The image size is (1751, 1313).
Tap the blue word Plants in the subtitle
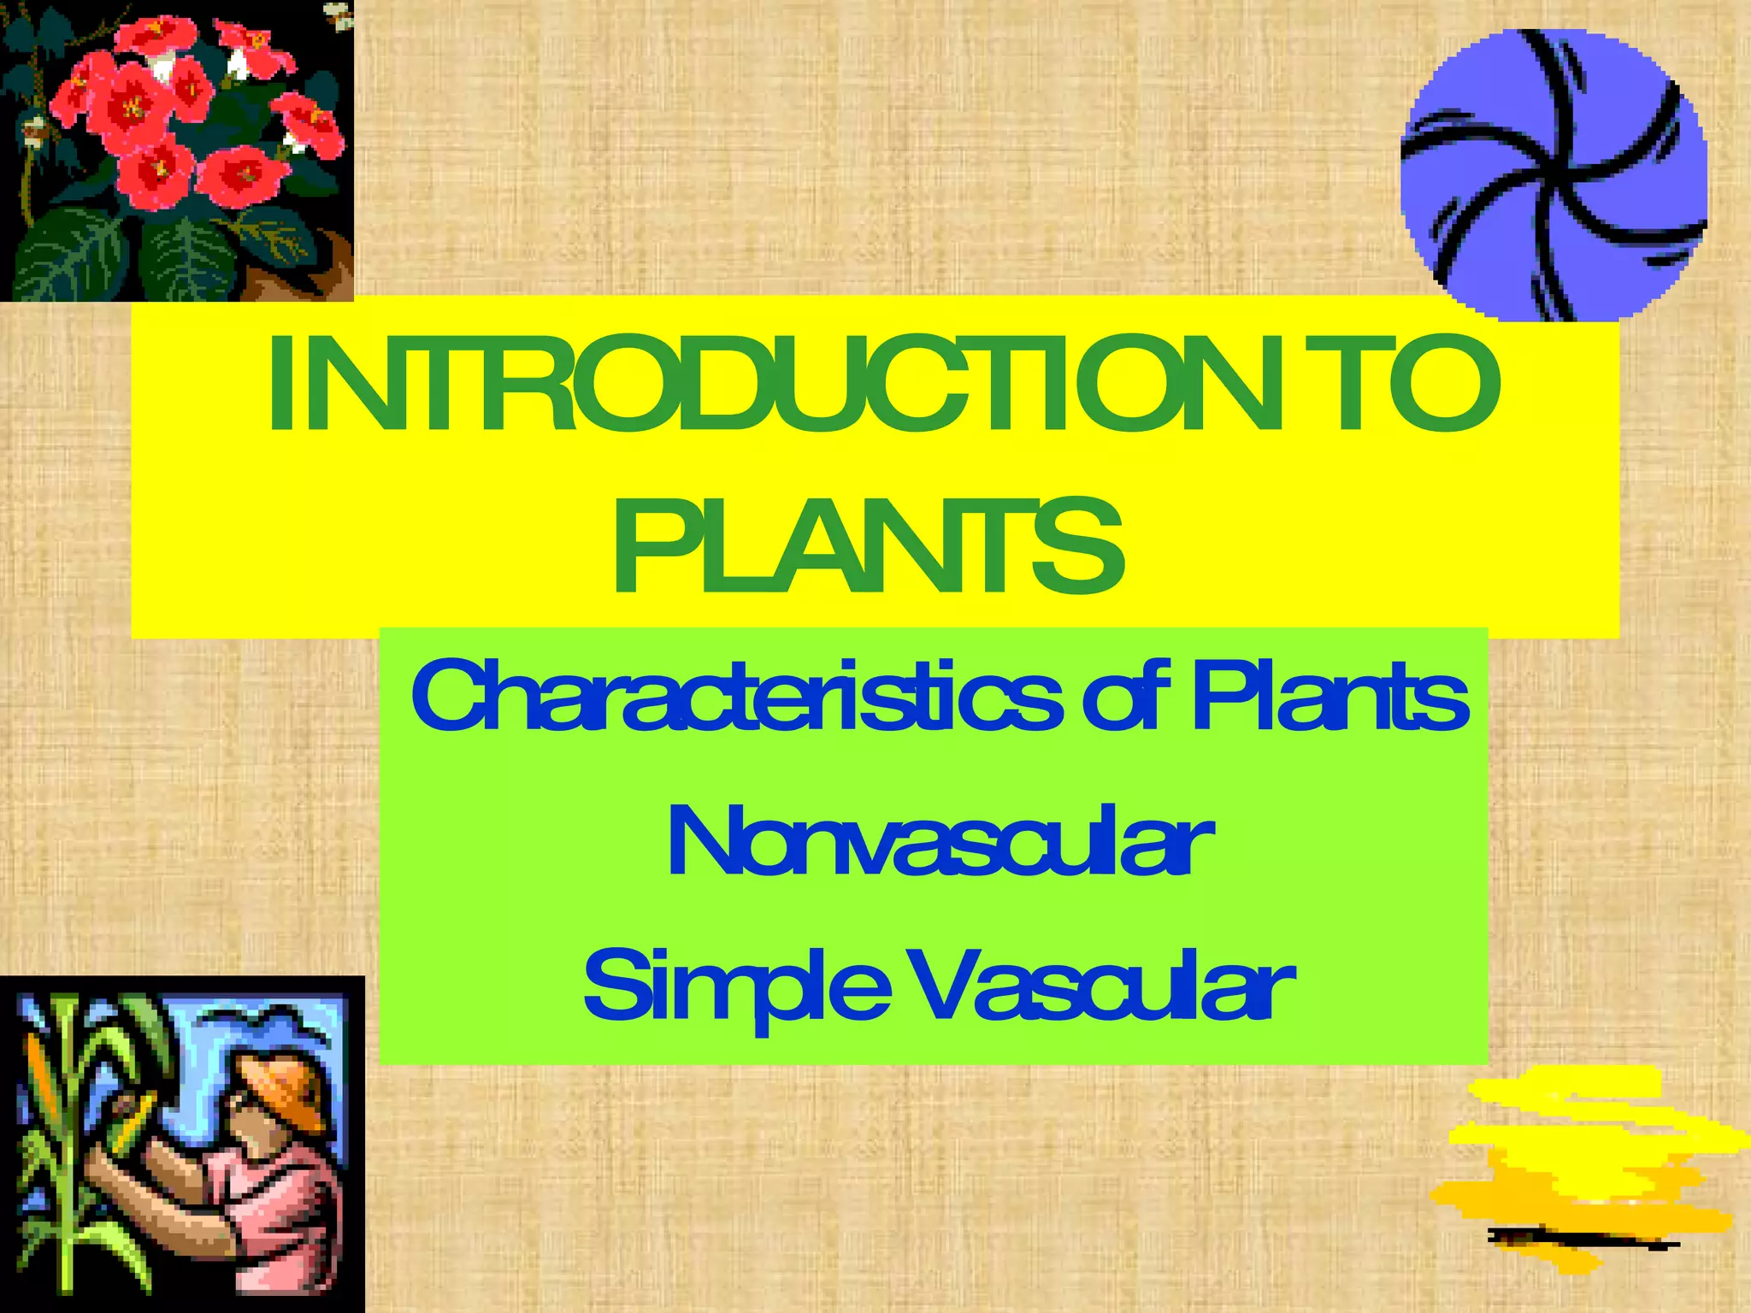click(1329, 699)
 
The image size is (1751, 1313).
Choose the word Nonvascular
click(939, 843)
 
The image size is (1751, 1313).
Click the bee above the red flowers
click(339, 15)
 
